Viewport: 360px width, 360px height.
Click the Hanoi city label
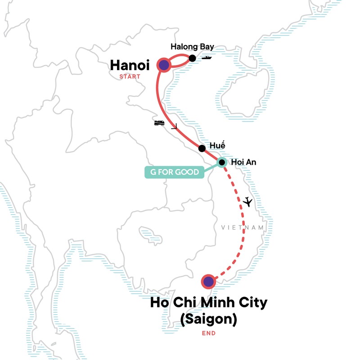(130, 66)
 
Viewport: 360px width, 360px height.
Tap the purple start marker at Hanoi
(163, 65)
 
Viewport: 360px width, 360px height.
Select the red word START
(130, 76)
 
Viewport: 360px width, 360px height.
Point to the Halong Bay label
(192, 47)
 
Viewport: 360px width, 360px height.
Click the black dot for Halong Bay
(192, 58)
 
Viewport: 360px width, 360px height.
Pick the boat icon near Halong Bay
(207, 58)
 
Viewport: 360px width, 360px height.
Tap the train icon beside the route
(159, 123)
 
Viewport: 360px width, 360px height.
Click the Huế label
(217, 146)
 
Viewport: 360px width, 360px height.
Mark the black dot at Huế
(202, 148)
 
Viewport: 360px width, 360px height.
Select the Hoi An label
(243, 162)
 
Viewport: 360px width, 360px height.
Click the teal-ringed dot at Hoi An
(221, 162)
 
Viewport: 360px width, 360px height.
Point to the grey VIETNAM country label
(242, 228)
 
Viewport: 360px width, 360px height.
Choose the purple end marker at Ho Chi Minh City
(208, 282)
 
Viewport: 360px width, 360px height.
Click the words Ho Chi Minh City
(208, 302)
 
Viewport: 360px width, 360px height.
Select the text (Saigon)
(208, 319)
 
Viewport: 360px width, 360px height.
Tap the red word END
(208, 333)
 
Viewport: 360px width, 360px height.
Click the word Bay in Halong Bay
(207, 47)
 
